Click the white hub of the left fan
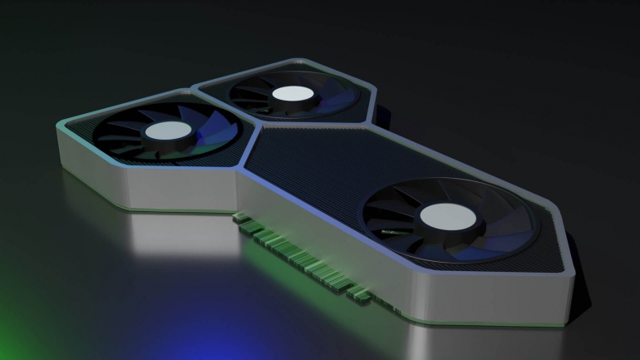169,132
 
